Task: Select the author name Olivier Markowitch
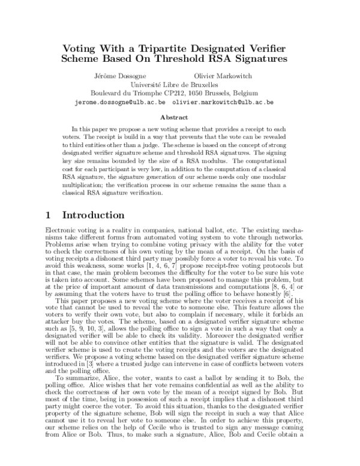[x=223, y=76]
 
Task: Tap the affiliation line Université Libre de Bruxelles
[x=179, y=85]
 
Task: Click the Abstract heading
[x=180, y=118]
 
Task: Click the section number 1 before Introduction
[x=50, y=215]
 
